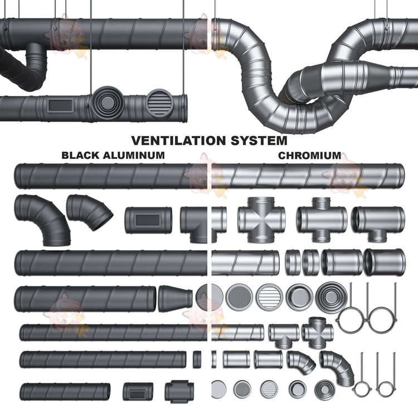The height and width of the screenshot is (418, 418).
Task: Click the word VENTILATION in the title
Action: point(179,140)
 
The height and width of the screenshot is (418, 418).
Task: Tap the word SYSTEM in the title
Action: point(259,140)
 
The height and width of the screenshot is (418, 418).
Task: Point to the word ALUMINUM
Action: point(134,155)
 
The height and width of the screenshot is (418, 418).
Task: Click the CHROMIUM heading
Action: point(309,155)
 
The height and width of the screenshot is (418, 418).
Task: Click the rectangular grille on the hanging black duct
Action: point(61,105)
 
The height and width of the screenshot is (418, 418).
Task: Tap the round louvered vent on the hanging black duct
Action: point(159,103)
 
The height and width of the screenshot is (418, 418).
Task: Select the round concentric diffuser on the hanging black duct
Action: point(107,102)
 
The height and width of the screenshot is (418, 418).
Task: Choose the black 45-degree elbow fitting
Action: point(89,212)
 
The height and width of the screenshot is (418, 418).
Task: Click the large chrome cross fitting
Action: point(261,220)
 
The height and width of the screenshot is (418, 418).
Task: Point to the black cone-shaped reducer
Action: point(175,298)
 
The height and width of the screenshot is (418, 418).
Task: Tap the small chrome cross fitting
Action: point(317,332)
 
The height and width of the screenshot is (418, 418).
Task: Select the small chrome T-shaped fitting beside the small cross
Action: point(284,336)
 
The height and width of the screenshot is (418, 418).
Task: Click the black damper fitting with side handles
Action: point(179,392)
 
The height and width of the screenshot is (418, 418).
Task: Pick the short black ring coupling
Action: point(197,359)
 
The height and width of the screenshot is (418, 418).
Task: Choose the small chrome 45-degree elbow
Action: point(300,362)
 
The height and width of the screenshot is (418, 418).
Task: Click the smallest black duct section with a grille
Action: point(138,392)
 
